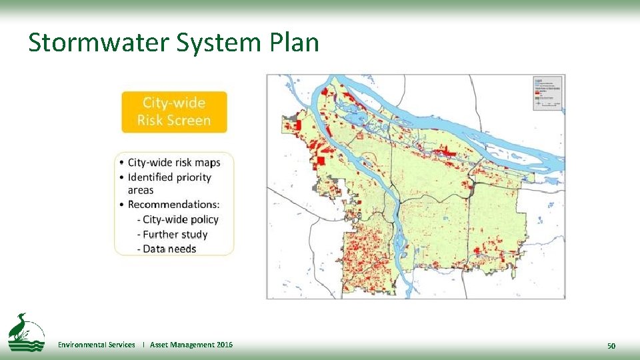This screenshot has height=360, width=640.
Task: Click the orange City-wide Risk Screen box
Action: tap(174, 112)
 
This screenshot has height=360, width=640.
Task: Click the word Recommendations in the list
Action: tap(173, 205)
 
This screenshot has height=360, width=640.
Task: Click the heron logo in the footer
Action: tap(26, 332)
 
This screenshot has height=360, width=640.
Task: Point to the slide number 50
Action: tap(611, 345)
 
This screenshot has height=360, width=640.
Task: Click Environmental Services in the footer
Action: tap(96, 345)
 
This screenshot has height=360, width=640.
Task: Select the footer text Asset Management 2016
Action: tap(191, 345)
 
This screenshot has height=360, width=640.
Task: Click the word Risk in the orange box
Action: tap(151, 121)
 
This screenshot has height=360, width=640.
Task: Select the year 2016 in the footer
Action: tap(225, 345)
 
